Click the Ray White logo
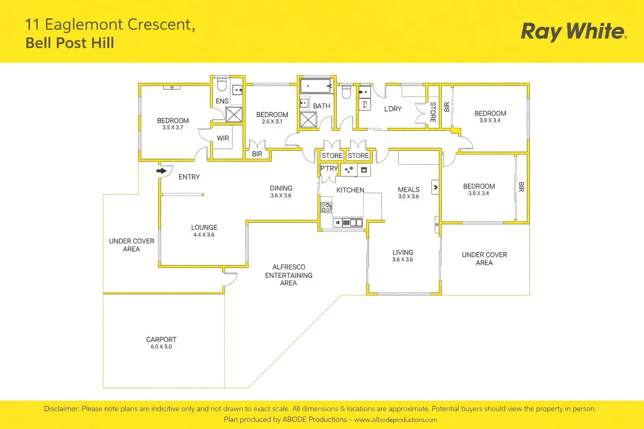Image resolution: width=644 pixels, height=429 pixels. click(574, 31)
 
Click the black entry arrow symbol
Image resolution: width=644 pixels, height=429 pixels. click(161, 171)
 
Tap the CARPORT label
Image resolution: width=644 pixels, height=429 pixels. click(161, 339)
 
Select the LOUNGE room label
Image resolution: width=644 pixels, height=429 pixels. click(204, 227)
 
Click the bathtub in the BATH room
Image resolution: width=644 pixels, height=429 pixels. click(317, 85)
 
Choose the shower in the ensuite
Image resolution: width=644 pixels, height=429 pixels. click(234, 114)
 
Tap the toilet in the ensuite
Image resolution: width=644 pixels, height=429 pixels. click(222, 84)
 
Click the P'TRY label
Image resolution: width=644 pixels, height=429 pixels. click(329, 168)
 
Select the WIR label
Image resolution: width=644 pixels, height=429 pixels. click(223, 138)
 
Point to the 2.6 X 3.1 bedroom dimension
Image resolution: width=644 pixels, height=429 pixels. click(272, 121)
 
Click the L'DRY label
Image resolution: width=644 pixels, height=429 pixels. click(393, 109)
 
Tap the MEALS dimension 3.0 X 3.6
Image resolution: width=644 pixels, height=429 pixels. click(408, 196)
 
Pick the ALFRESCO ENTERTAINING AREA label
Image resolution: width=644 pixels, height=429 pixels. click(288, 275)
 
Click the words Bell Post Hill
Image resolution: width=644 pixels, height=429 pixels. click(70, 43)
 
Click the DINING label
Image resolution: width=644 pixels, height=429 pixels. click(281, 188)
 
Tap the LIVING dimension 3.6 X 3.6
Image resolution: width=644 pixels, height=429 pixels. click(402, 259)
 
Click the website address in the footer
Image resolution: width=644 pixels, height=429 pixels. click(395, 420)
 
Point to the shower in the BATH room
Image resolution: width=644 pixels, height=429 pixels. click(308, 119)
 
